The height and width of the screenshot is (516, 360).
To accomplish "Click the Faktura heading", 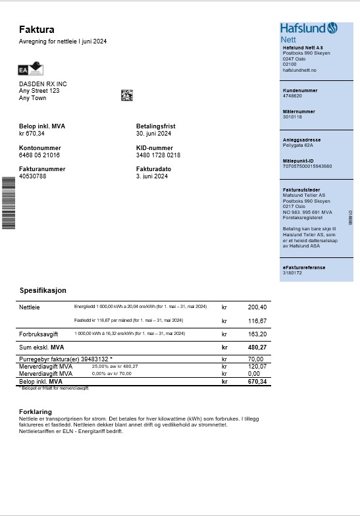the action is pyautogui.click(x=36, y=30).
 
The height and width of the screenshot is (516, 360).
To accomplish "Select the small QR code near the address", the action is pyautogui.click(x=127, y=95).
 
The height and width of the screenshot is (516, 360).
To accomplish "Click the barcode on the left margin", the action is pyautogui.click(x=9, y=203).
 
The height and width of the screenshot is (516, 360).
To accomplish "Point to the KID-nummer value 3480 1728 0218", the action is pyautogui.click(x=158, y=155).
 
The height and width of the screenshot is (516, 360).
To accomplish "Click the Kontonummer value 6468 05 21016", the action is pyautogui.click(x=39, y=155).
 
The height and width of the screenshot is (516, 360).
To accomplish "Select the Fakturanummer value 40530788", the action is pyautogui.click(x=33, y=176).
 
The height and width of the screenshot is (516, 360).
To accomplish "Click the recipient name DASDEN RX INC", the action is pyautogui.click(x=43, y=84).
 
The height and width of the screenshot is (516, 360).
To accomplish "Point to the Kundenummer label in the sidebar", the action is pyautogui.click(x=300, y=90).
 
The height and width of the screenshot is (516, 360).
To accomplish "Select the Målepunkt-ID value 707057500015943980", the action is pyautogui.click(x=307, y=166).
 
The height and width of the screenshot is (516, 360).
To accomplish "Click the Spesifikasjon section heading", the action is pyautogui.click(x=43, y=290).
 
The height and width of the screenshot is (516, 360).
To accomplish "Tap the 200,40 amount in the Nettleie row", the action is pyautogui.click(x=257, y=307).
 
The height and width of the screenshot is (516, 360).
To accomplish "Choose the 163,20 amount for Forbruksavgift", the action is pyautogui.click(x=257, y=334).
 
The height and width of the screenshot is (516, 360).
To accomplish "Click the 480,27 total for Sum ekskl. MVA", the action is pyautogui.click(x=257, y=347).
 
